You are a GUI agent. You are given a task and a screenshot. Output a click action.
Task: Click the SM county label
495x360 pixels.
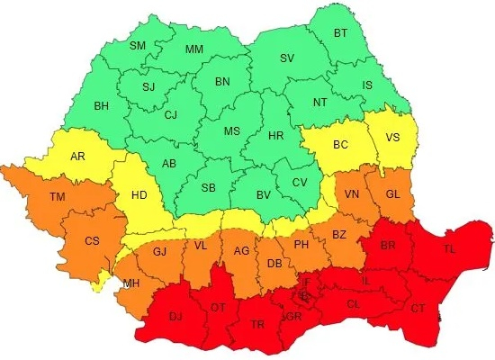click(x=138, y=46)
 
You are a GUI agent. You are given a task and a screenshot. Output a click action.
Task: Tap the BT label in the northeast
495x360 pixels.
click(x=340, y=33)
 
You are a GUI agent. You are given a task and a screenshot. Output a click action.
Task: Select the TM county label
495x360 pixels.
click(x=58, y=197)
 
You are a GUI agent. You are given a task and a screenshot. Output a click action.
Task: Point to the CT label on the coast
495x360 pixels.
click(x=418, y=309)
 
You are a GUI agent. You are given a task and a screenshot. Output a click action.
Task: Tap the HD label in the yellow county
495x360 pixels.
click(x=140, y=193)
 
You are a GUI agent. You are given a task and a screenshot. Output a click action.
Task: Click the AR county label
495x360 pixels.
click(x=78, y=157)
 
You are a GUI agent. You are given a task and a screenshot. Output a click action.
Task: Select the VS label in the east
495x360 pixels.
click(x=393, y=138)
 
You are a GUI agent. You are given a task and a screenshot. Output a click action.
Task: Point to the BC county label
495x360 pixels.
click(x=340, y=144)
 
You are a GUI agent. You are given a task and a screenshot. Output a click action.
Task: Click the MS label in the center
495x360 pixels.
click(x=231, y=131)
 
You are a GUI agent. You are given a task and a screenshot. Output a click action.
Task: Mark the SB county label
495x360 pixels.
click(x=208, y=187)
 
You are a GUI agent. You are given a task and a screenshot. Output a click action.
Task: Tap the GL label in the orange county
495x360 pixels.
click(x=393, y=194)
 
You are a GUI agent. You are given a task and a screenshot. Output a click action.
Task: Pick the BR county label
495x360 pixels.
click(x=389, y=245)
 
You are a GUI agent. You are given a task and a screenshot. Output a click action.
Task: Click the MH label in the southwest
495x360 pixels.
click(x=131, y=283)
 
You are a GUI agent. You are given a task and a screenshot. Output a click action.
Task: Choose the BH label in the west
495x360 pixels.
click(x=102, y=106)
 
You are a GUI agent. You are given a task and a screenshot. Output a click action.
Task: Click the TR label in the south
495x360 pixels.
click(x=258, y=324)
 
